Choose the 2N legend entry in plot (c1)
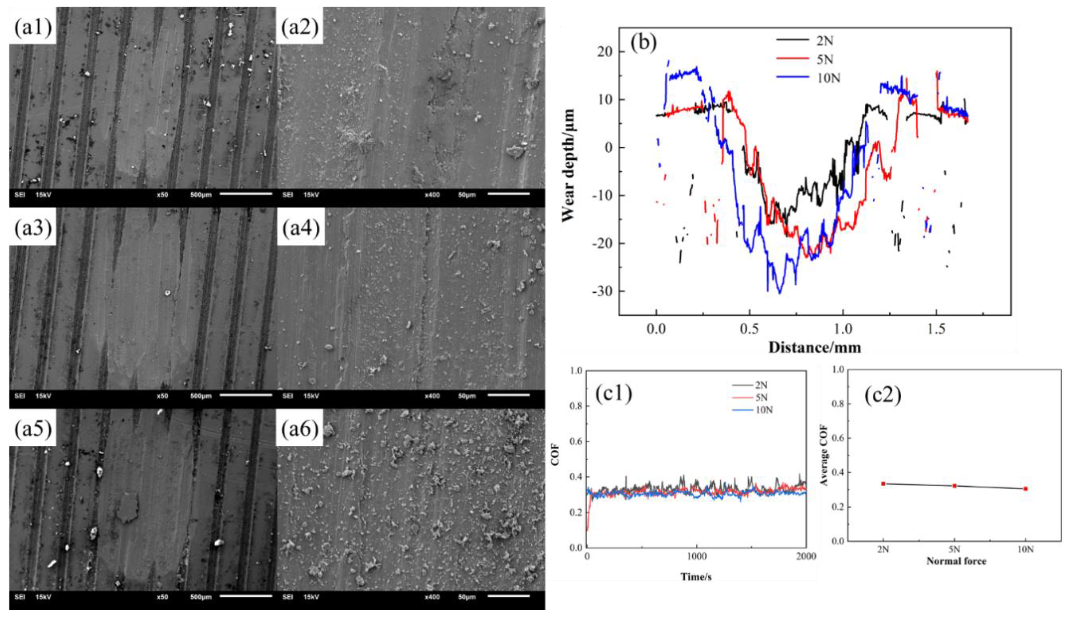pos(761,385)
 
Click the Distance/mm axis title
pos(814,347)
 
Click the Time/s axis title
pos(696,577)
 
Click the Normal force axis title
pos(956,561)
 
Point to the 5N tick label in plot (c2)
pos(954,549)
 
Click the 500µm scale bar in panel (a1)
pos(246,194)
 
